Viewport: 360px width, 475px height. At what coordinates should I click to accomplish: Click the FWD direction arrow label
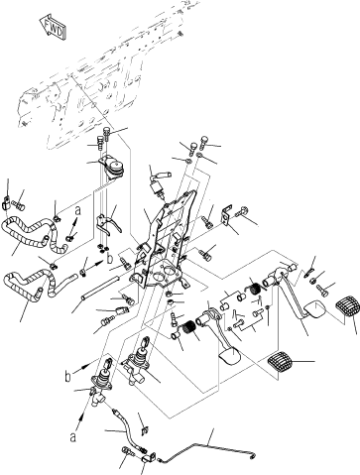(x=53, y=27)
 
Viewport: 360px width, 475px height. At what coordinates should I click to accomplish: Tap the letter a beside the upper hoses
(x=77, y=210)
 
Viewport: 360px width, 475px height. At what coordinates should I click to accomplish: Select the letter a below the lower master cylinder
(x=73, y=437)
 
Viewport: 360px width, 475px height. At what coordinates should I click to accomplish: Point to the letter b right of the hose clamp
(x=110, y=258)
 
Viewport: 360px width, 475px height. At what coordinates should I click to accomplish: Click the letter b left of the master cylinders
(x=67, y=377)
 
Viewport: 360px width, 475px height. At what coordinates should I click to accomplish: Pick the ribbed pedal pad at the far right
(x=346, y=308)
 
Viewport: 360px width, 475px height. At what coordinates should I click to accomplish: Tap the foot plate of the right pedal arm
(x=313, y=310)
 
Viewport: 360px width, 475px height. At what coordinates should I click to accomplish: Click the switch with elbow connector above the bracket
(x=158, y=184)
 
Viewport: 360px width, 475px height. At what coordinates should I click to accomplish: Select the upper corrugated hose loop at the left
(x=33, y=231)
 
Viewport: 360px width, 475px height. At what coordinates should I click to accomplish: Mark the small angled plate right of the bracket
(x=226, y=216)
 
